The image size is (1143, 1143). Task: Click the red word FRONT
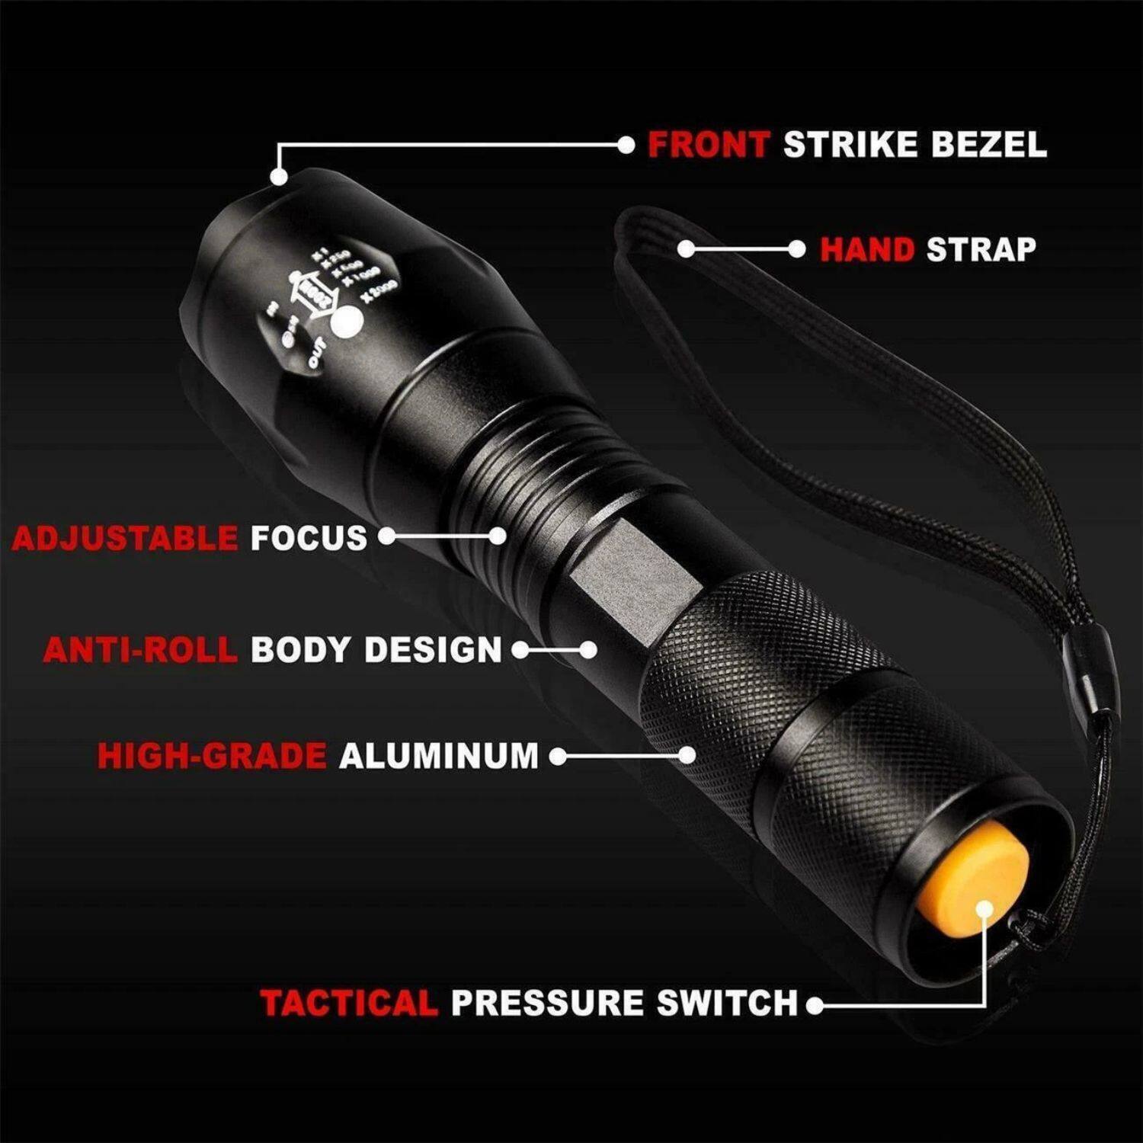tap(708, 145)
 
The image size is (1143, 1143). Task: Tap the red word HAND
tap(867, 250)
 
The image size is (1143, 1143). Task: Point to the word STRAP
tap(981, 250)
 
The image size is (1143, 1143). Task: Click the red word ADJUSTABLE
tap(125, 539)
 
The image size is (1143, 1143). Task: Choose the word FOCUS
tap(309, 539)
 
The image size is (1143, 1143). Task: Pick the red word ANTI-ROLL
tap(140, 650)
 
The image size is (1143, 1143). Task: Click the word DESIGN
tap(433, 650)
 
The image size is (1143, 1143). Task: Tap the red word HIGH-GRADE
tap(212, 756)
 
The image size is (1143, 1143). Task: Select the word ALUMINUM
tap(439, 756)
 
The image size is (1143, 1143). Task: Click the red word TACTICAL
tap(349, 1004)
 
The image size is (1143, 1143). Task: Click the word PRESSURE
tap(548, 1004)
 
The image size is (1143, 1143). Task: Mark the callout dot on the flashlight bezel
tap(279, 176)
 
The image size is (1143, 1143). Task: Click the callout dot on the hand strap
tap(686, 249)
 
